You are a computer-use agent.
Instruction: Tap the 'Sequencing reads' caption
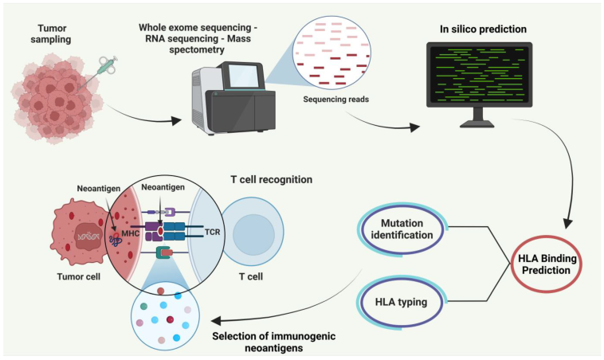click(335, 100)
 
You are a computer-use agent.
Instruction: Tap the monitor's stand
click(482, 119)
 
